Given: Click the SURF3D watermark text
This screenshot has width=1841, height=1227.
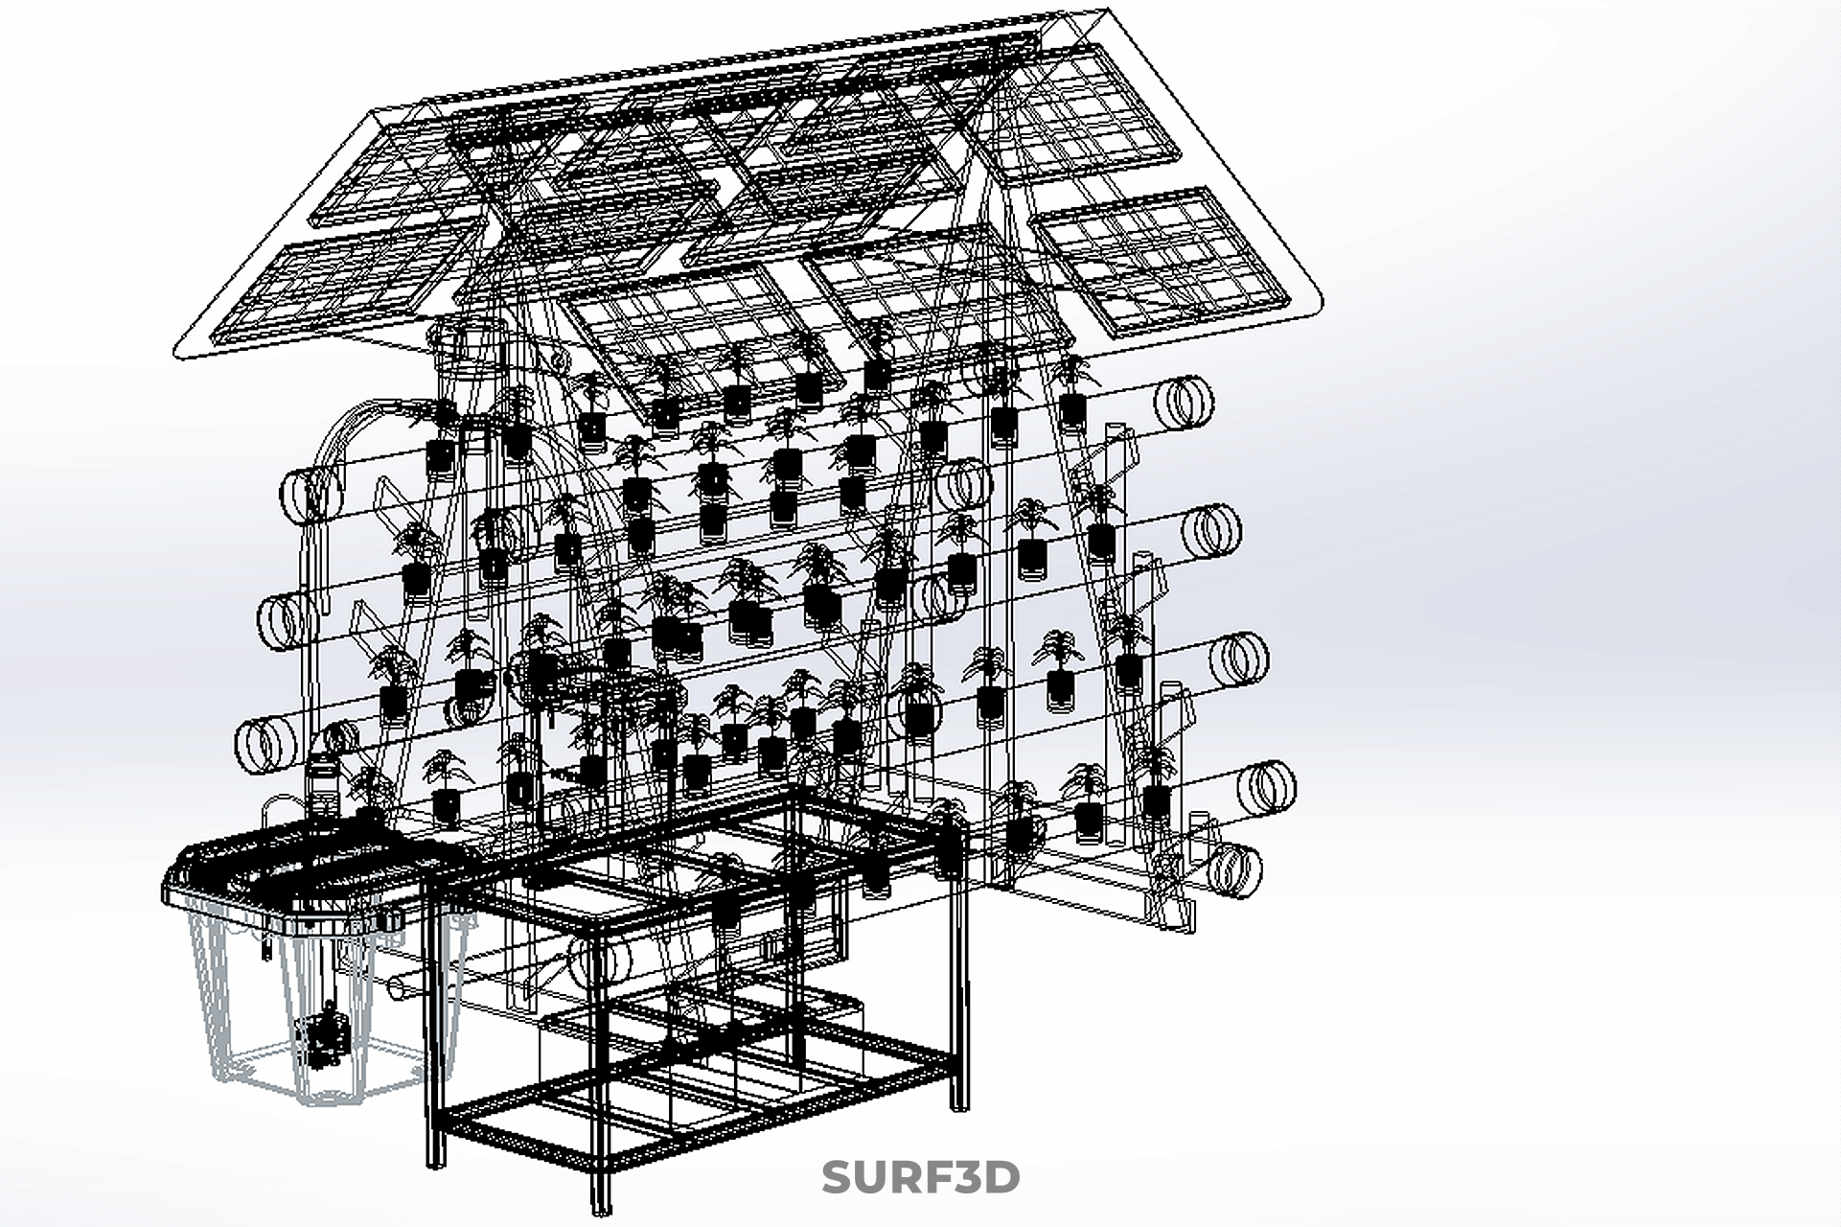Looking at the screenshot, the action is point(920,1178).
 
